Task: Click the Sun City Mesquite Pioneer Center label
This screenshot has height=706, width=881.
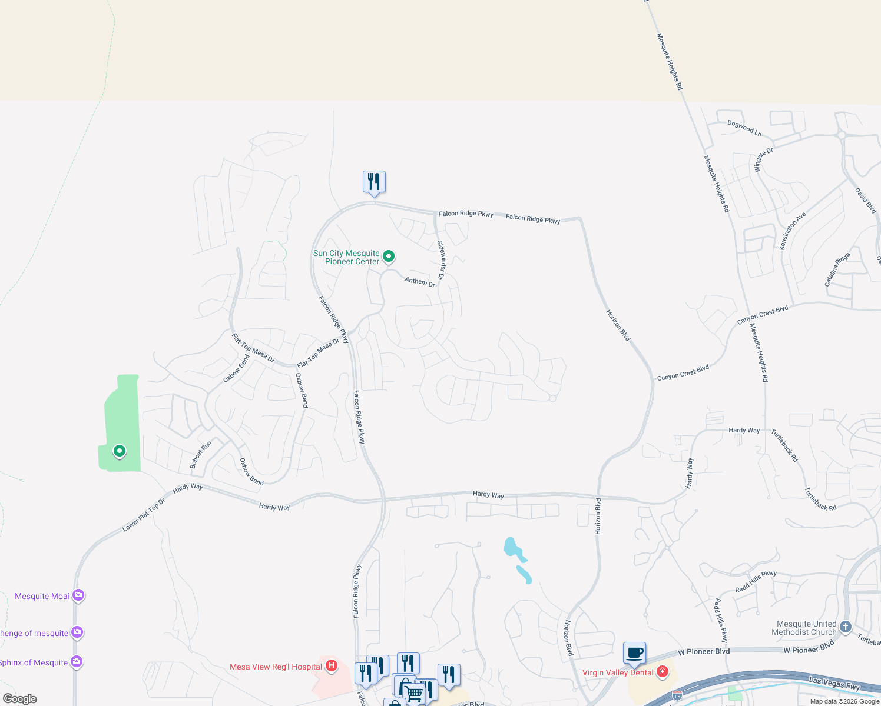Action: [x=346, y=257]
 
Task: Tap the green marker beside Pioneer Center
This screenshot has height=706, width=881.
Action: [x=389, y=256]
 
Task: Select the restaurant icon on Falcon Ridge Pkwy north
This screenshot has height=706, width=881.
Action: [x=374, y=182]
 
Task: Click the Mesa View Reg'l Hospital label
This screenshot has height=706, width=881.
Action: [x=276, y=667]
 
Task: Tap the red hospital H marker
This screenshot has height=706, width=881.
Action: [x=332, y=666]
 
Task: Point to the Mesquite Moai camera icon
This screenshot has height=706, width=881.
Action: [x=78, y=595]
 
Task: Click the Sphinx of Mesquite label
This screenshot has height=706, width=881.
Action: [x=34, y=662]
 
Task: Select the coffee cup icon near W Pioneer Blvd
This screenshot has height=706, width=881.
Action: [x=634, y=652]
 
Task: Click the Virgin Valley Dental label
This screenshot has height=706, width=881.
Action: [x=618, y=672]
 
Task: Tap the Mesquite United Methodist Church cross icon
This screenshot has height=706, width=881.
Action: [x=846, y=627]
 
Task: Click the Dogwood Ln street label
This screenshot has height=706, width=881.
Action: [x=744, y=128]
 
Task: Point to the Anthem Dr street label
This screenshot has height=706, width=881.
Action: [x=420, y=282]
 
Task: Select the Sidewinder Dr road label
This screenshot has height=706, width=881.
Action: [x=441, y=259]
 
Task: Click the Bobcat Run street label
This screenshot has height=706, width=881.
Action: [x=200, y=455]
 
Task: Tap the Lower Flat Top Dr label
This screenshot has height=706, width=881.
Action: [x=144, y=515]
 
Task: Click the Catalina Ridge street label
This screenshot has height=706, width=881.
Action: [x=837, y=269]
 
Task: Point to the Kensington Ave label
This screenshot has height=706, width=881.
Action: [x=792, y=231]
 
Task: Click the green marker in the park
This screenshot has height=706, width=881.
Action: [x=120, y=451]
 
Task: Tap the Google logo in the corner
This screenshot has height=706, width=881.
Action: [x=20, y=699]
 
